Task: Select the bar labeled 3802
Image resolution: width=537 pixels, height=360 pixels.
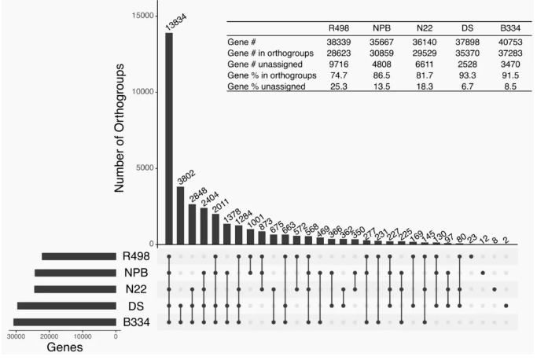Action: point(181,215)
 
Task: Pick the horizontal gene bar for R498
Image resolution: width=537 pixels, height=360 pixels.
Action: point(79,256)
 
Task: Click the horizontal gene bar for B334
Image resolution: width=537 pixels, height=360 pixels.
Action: point(64,321)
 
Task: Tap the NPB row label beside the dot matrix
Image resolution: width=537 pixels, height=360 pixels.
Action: point(134,273)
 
